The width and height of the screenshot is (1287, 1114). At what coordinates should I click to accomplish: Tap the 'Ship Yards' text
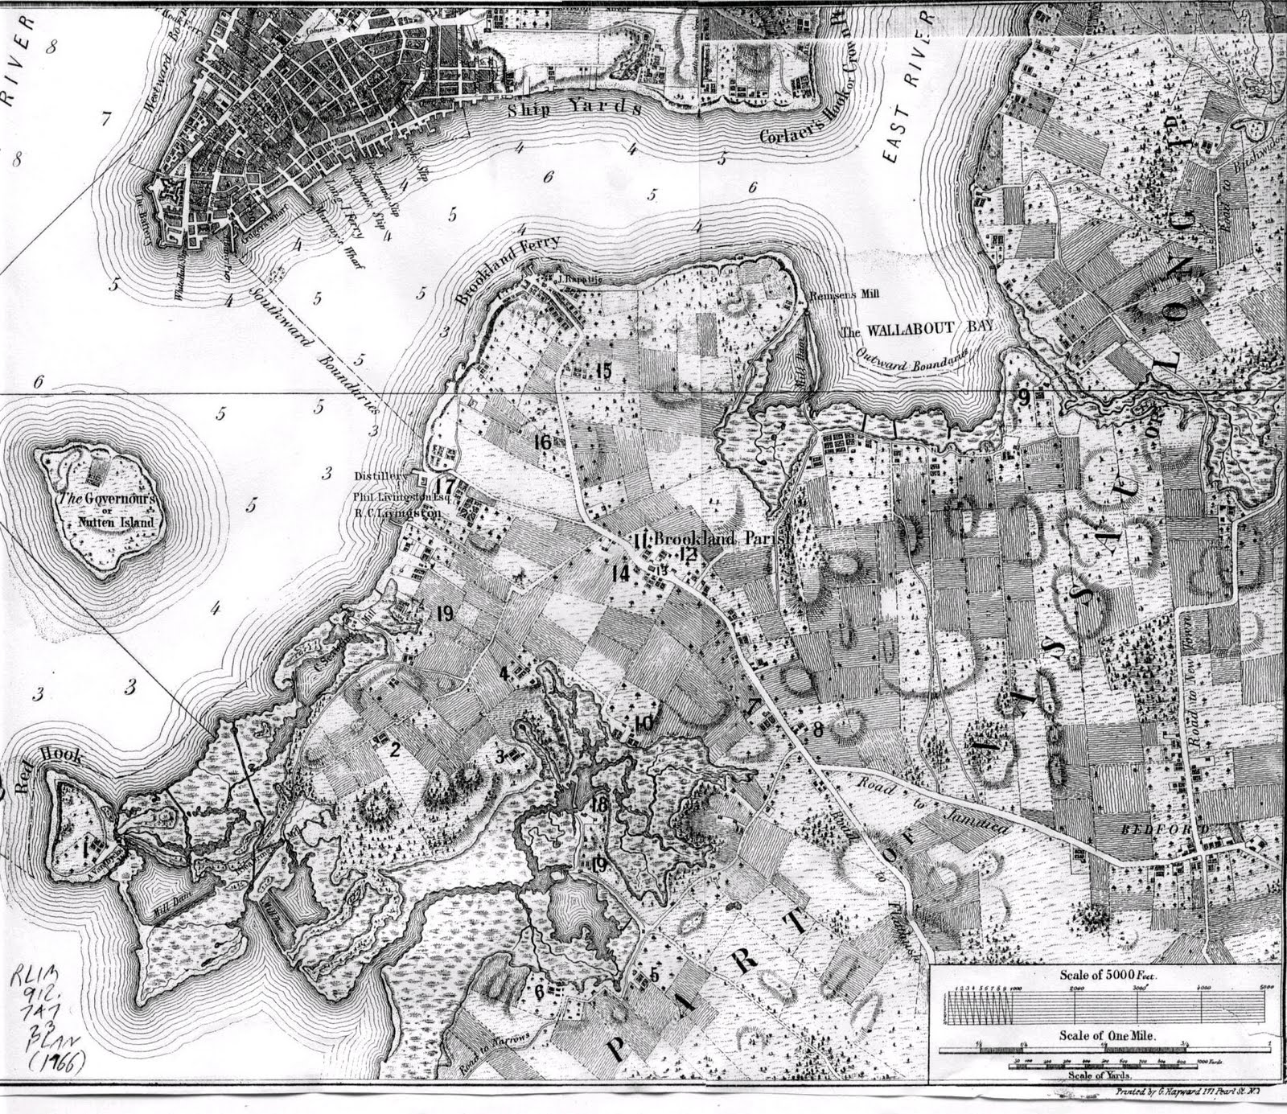point(573,110)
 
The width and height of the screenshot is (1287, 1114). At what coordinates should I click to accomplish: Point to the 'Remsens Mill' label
point(845,294)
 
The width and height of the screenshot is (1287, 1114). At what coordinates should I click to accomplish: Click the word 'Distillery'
point(383,475)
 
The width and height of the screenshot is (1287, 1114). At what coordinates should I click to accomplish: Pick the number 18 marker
point(598,806)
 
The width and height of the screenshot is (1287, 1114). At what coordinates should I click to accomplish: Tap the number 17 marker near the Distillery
point(445,486)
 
